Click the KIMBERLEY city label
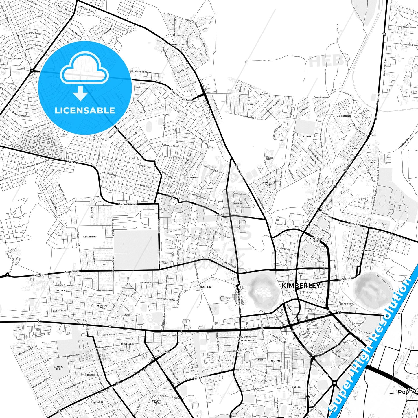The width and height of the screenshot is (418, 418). pos(301,286)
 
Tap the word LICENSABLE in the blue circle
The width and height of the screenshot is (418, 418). pos(85,111)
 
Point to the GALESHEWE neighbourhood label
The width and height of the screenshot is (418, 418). pos(191,177)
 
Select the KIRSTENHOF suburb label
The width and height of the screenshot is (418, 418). pos(90,237)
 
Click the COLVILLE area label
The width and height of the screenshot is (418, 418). pos(251,104)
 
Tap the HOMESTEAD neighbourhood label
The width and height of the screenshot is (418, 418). pos(178,45)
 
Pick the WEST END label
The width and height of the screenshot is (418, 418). pos(206,287)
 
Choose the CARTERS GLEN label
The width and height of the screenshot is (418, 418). pos(58,368)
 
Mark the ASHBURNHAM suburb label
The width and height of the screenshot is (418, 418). pos(344,116)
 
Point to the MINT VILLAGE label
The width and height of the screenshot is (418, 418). pos(353,147)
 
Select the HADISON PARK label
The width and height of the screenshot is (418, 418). pos(156,402)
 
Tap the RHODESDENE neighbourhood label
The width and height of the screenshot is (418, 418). pos(127,344)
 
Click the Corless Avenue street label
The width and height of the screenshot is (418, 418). pos(128,204)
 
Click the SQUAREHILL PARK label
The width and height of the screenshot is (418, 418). pos(268,184)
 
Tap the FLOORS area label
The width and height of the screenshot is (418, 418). pos(307,137)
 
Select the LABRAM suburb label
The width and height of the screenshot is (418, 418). pos(296,387)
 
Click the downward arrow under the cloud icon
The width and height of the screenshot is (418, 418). pos(80,93)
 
